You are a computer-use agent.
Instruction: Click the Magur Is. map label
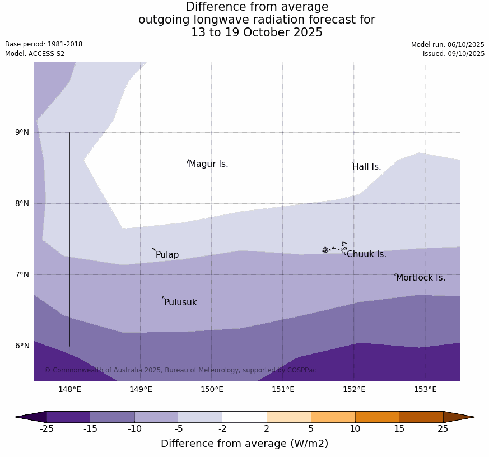click(x=208, y=164)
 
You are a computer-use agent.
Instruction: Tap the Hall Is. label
click(x=367, y=167)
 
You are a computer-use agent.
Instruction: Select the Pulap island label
click(x=167, y=255)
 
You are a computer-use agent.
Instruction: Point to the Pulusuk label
click(x=180, y=302)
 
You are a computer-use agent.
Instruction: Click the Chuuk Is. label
click(x=366, y=254)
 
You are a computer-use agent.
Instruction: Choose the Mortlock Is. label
click(x=420, y=278)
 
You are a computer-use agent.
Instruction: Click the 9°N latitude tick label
click(x=22, y=133)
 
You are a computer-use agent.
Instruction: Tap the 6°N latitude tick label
click(x=22, y=346)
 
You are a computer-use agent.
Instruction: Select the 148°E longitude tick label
click(x=69, y=390)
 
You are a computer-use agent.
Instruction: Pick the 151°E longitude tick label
click(x=283, y=390)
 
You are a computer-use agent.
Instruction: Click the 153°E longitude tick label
click(x=425, y=390)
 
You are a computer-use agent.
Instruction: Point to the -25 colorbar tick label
click(x=46, y=429)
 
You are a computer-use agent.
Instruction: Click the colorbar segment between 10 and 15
click(x=377, y=417)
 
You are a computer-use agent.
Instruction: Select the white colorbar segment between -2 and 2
click(x=245, y=417)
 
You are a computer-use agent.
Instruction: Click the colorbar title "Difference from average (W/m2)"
click(x=244, y=444)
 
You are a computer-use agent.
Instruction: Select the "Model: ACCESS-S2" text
click(x=35, y=54)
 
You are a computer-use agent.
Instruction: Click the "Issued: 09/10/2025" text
click(x=453, y=54)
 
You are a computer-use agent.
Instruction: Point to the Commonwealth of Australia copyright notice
click(x=180, y=370)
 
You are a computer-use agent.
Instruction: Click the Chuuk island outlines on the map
click(x=335, y=248)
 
